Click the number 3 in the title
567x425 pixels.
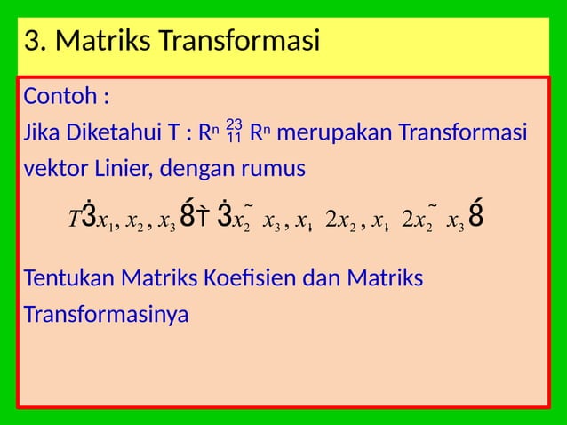point(33,41)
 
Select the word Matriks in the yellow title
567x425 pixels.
point(100,41)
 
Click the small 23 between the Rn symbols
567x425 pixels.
point(234,124)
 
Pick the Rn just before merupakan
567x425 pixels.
point(259,134)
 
